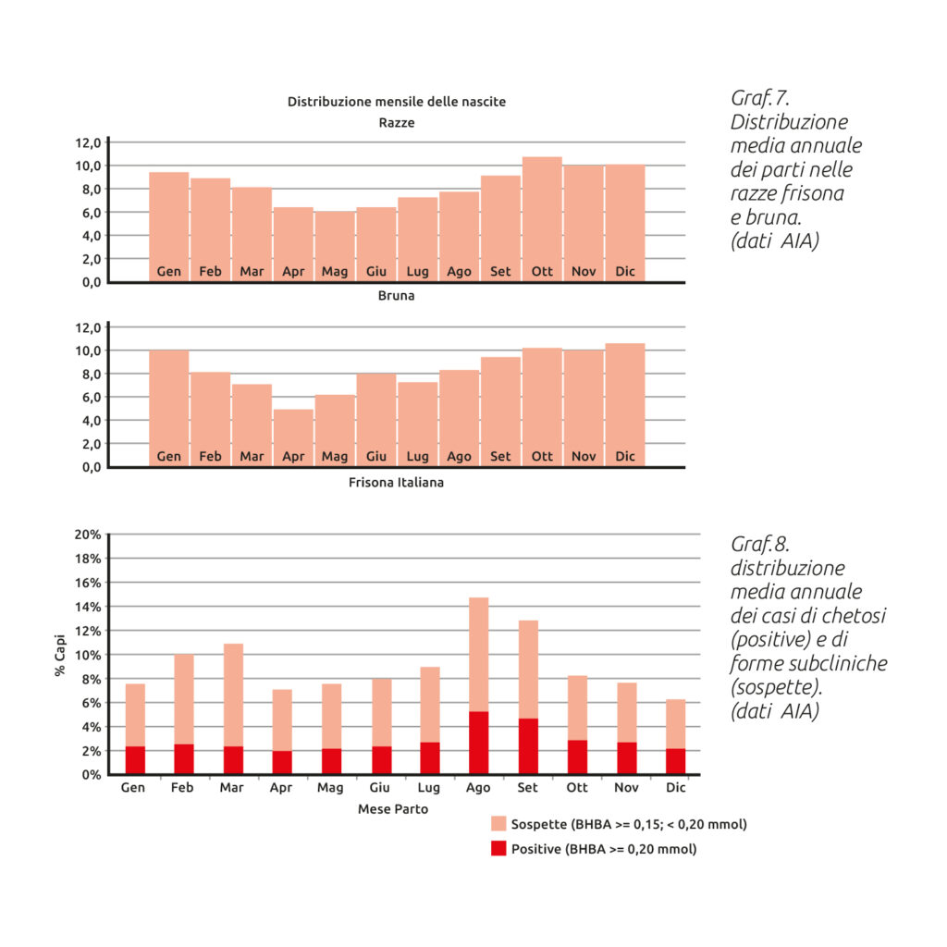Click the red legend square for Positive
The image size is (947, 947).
click(x=498, y=849)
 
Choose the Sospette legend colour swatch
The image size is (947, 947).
click(x=498, y=824)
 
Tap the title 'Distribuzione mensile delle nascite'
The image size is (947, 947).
click(x=397, y=101)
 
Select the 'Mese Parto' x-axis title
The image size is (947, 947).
click(x=393, y=808)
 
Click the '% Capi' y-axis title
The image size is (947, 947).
click(x=60, y=655)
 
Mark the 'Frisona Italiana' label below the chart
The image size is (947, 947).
click(x=396, y=483)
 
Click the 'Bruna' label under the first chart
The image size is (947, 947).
click(x=396, y=297)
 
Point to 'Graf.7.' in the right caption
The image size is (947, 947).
click(x=760, y=98)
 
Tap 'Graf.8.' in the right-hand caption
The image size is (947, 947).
click(x=760, y=543)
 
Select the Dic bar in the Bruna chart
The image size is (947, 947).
click(x=625, y=222)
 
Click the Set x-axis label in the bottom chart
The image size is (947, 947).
click(x=528, y=787)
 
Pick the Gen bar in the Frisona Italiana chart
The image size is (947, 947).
click(x=169, y=407)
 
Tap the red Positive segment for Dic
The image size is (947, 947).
click(x=676, y=761)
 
